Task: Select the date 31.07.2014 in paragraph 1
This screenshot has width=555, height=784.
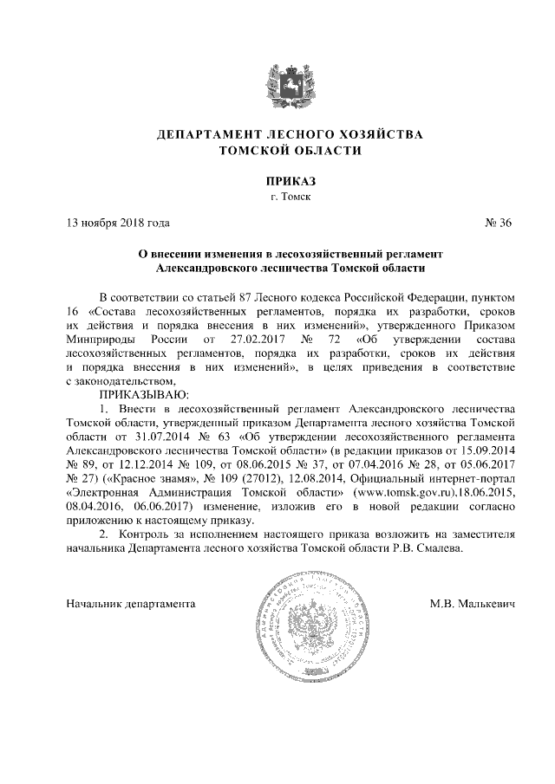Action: pyautogui.click(x=144, y=438)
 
